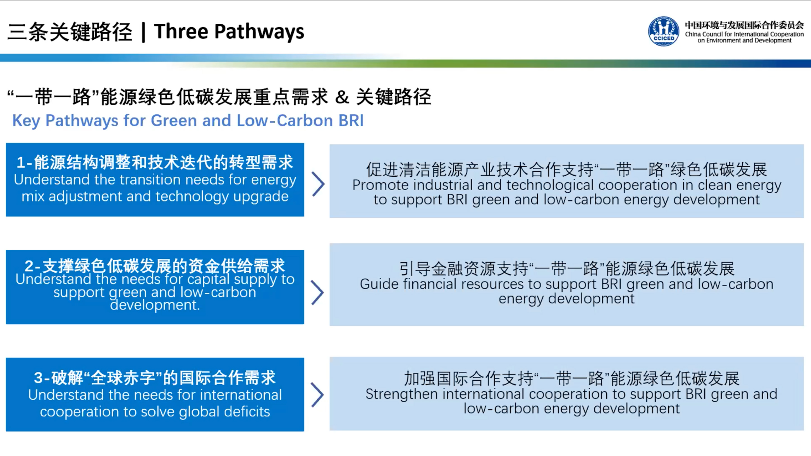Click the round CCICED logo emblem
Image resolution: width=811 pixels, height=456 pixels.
click(663, 32)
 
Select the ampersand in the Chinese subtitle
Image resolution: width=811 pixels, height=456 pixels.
click(342, 97)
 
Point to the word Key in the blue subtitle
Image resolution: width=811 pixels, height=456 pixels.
click(26, 121)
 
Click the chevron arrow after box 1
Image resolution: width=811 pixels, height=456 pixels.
click(318, 184)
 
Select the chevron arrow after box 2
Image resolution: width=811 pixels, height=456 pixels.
click(317, 293)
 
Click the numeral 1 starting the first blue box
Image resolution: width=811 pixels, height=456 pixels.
click(21, 162)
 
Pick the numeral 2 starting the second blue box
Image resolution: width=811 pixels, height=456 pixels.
click(29, 266)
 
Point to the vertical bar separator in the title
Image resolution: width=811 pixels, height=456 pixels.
click(143, 32)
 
